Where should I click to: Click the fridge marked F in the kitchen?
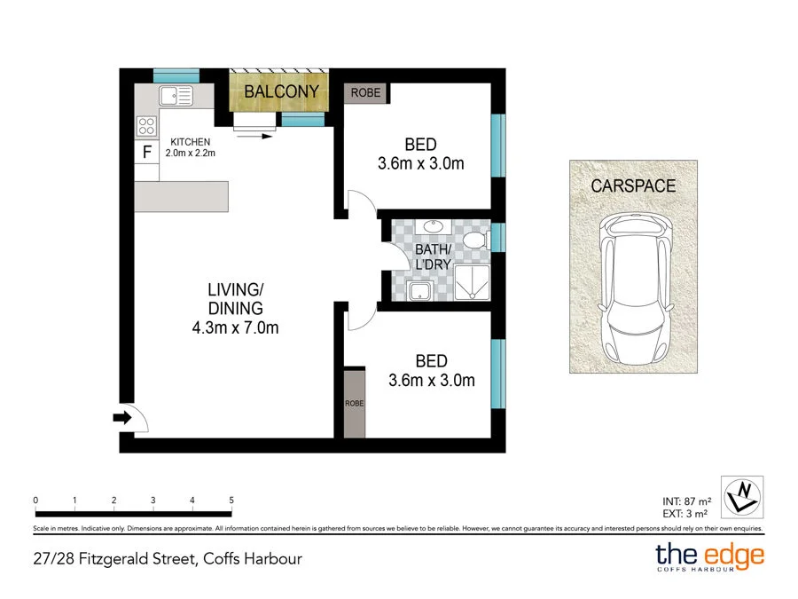(x=147, y=152)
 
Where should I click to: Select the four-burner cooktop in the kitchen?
(x=147, y=125)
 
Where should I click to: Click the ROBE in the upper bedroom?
(x=366, y=92)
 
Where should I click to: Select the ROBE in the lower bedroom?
(x=355, y=403)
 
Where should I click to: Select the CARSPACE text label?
(x=633, y=186)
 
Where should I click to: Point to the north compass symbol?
(x=744, y=495)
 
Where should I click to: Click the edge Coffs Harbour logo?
(x=708, y=558)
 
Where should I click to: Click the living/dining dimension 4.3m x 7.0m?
(x=236, y=328)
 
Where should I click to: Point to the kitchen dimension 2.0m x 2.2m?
(x=191, y=152)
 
